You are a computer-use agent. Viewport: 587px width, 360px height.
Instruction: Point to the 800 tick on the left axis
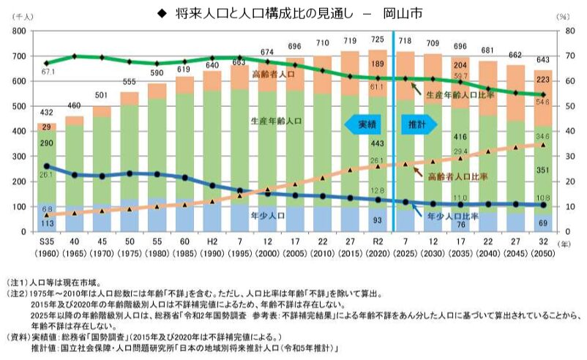click(x=19, y=31)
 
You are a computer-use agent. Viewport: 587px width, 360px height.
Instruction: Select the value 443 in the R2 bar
click(x=379, y=143)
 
